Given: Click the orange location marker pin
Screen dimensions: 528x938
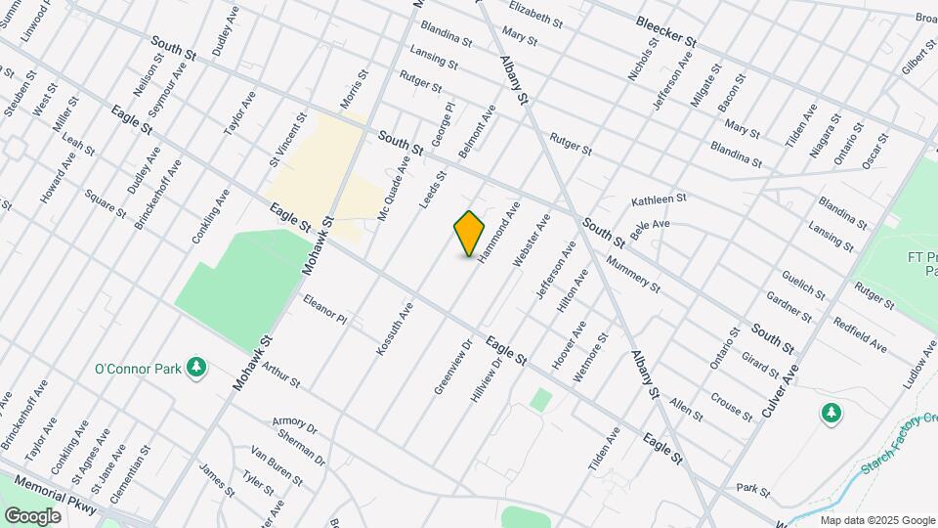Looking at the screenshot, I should point(469,234).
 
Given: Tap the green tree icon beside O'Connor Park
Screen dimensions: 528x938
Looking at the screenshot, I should point(197,367).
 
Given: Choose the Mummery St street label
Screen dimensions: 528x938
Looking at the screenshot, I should point(633,275).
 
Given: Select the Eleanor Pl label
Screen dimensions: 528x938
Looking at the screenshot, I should point(324,310).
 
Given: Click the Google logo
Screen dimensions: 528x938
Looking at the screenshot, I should point(33,514).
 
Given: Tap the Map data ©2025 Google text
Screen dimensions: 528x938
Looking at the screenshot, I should point(877,519).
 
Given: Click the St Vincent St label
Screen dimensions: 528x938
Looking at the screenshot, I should point(288,142).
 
